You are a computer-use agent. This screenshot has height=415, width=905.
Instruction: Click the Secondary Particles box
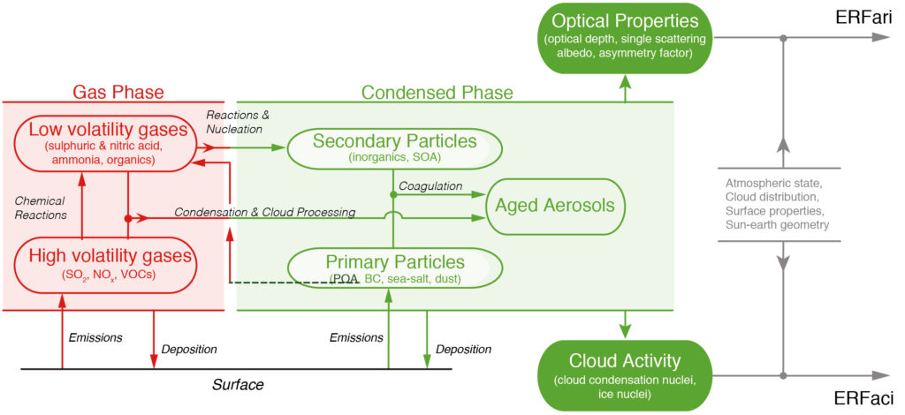point(393,147)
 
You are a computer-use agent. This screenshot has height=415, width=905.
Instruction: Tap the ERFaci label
point(865,397)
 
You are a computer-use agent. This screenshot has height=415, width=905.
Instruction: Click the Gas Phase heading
point(118,92)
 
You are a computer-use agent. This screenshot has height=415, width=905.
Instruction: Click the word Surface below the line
point(239,384)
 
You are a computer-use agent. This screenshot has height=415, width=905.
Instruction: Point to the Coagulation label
point(431,186)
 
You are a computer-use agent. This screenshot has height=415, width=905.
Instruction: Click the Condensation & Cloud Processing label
point(264,212)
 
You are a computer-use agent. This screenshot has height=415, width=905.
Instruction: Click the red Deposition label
point(189,350)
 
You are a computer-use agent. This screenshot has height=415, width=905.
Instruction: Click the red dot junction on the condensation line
point(127,218)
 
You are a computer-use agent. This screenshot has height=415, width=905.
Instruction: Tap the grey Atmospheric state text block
point(778,205)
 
